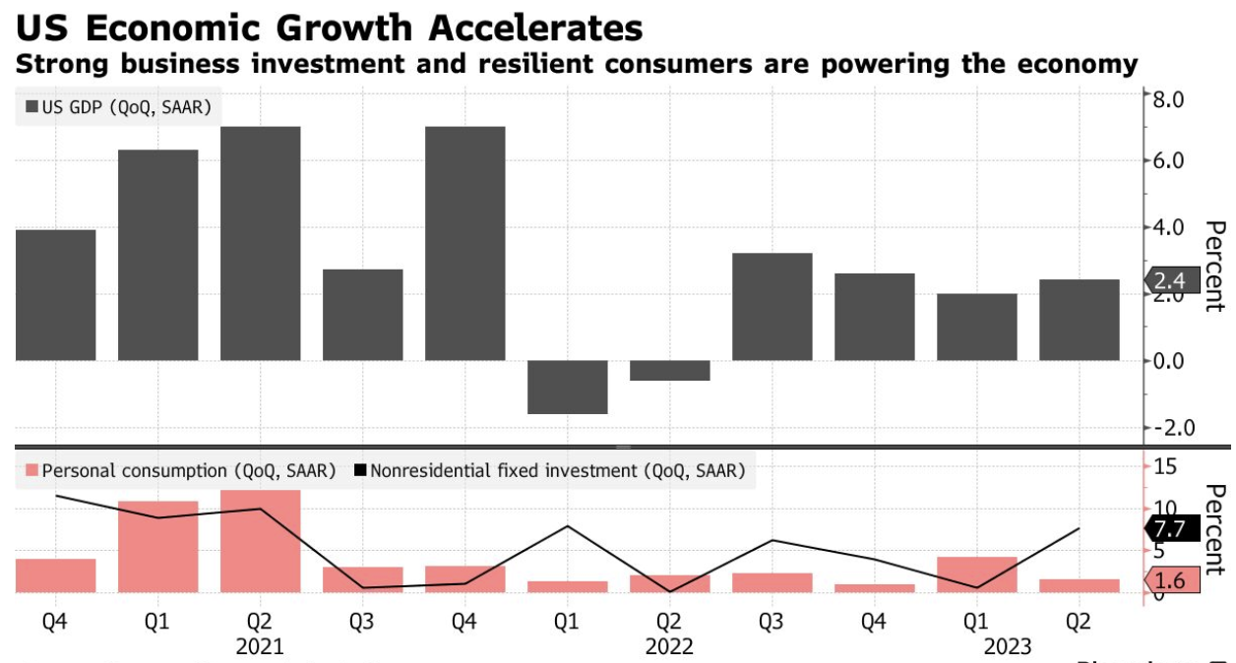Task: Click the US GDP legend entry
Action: click(x=117, y=107)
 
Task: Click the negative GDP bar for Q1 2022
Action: click(x=567, y=387)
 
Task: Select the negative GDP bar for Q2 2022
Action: click(x=669, y=370)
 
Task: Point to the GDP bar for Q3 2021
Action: click(x=362, y=315)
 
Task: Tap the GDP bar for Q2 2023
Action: click(x=1079, y=320)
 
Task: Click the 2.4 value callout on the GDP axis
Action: click(x=1174, y=281)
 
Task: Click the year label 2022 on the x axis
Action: click(x=669, y=646)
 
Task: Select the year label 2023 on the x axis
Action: click(x=1007, y=646)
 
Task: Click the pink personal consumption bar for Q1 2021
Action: click(x=157, y=547)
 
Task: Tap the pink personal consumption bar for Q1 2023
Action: click(x=976, y=574)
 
